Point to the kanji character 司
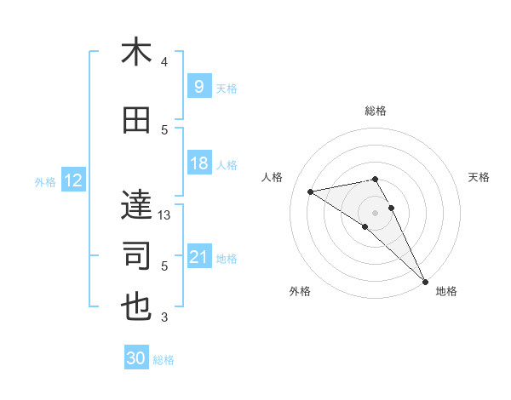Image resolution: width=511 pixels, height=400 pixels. pos(136,255)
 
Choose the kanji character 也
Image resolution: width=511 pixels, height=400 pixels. pos(136,307)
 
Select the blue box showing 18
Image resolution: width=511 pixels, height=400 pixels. pos(198,164)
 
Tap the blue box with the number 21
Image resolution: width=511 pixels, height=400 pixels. pos(198,258)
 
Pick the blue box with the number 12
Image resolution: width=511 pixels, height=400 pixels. pos(72,180)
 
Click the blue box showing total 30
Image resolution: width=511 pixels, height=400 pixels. pos(136,358)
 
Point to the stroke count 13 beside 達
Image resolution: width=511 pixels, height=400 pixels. pos(165,215)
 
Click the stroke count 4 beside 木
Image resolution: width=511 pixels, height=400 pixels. pos(164,62)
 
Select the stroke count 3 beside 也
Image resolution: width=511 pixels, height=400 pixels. pos(164,318)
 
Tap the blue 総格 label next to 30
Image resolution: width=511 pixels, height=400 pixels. pos(164,360)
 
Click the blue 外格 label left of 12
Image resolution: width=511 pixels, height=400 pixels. pos(45,181)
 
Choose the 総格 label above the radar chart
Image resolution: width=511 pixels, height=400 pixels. pos(375,111)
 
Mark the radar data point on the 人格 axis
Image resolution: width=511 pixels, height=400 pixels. pos(311,191)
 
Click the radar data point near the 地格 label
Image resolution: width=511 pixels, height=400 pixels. pos(424,280)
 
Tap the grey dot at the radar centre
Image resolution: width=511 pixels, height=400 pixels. pos(375,212)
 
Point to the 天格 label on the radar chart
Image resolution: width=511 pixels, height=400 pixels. pos(479,177)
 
